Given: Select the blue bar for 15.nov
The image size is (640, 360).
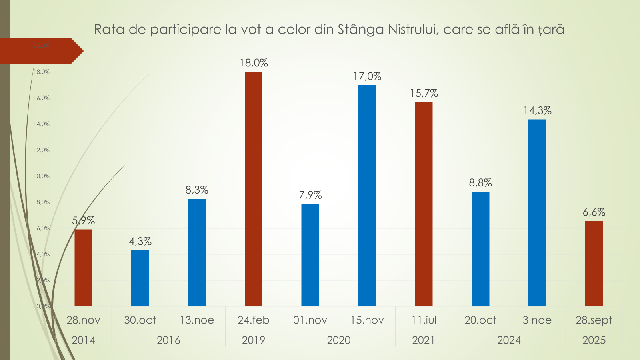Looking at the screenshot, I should coord(367,196).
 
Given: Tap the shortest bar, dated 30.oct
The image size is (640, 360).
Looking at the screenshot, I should coord(140,278).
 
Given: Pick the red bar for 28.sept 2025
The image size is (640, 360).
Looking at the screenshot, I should coord(594,264).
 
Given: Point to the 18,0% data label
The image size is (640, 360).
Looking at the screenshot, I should coord(254,63).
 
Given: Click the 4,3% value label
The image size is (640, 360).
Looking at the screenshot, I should coord(140,242).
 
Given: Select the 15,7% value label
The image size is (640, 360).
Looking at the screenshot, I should coord(424,94).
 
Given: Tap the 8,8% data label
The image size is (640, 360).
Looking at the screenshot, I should coord(480,183).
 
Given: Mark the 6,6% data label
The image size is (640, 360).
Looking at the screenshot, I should coord(594,212).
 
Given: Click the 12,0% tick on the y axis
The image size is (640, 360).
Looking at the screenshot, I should coord(42,150).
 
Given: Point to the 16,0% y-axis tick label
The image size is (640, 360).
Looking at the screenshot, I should coord(42,98).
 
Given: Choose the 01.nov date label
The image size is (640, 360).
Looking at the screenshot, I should coord(310,320).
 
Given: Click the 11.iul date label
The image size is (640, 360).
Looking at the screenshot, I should coord(424,320).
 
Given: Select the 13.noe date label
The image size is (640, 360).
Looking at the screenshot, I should coord(197,320).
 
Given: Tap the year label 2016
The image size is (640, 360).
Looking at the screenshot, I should coord(168,340).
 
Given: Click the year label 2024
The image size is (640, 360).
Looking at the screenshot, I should coord(509,340).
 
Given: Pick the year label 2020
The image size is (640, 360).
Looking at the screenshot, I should coord(338,340).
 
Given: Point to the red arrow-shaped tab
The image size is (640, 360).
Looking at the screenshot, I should coord(40,51).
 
